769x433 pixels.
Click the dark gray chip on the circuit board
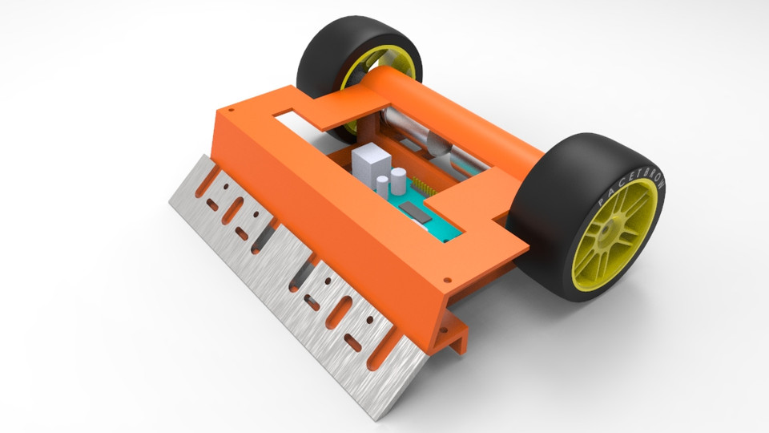(417, 210)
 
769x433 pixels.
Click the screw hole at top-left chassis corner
(232, 109)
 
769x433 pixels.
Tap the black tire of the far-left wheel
(320, 48)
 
